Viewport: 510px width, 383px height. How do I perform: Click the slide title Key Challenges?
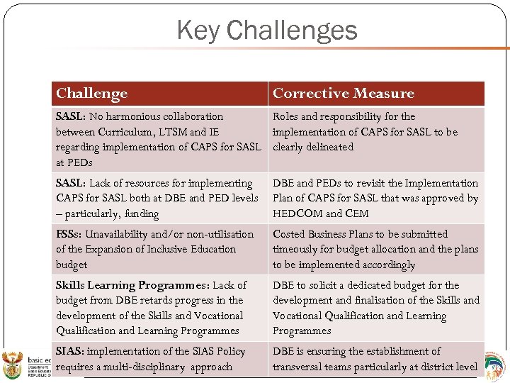click(x=267, y=30)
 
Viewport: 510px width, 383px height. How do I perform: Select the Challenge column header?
click(x=91, y=94)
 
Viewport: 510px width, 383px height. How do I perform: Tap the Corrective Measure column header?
click(x=343, y=94)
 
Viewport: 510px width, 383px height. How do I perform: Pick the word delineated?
click(x=329, y=147)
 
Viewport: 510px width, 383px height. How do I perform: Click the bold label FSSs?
click(x=69, y=234)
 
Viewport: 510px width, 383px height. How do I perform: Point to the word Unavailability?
click(x=120, y=234)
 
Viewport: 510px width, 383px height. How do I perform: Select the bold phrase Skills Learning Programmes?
click(x=132, y=285)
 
